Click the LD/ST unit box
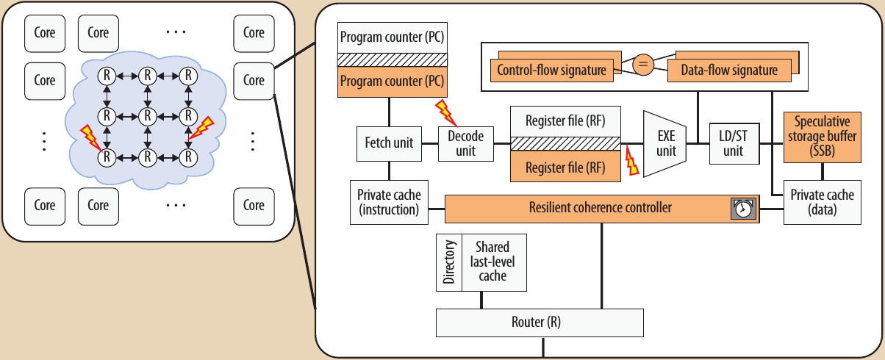[733, 144]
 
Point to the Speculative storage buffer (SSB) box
[822, 137]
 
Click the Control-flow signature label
[552, 71]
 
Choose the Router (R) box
[540, 323]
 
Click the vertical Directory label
[450, 262]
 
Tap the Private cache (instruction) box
[389, 203]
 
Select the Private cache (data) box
[822, 203]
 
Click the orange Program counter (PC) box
[391, 80]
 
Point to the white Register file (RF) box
[565, 120]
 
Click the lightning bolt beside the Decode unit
[445, 112]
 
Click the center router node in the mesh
[148, 115]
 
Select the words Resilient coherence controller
[600, 208]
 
